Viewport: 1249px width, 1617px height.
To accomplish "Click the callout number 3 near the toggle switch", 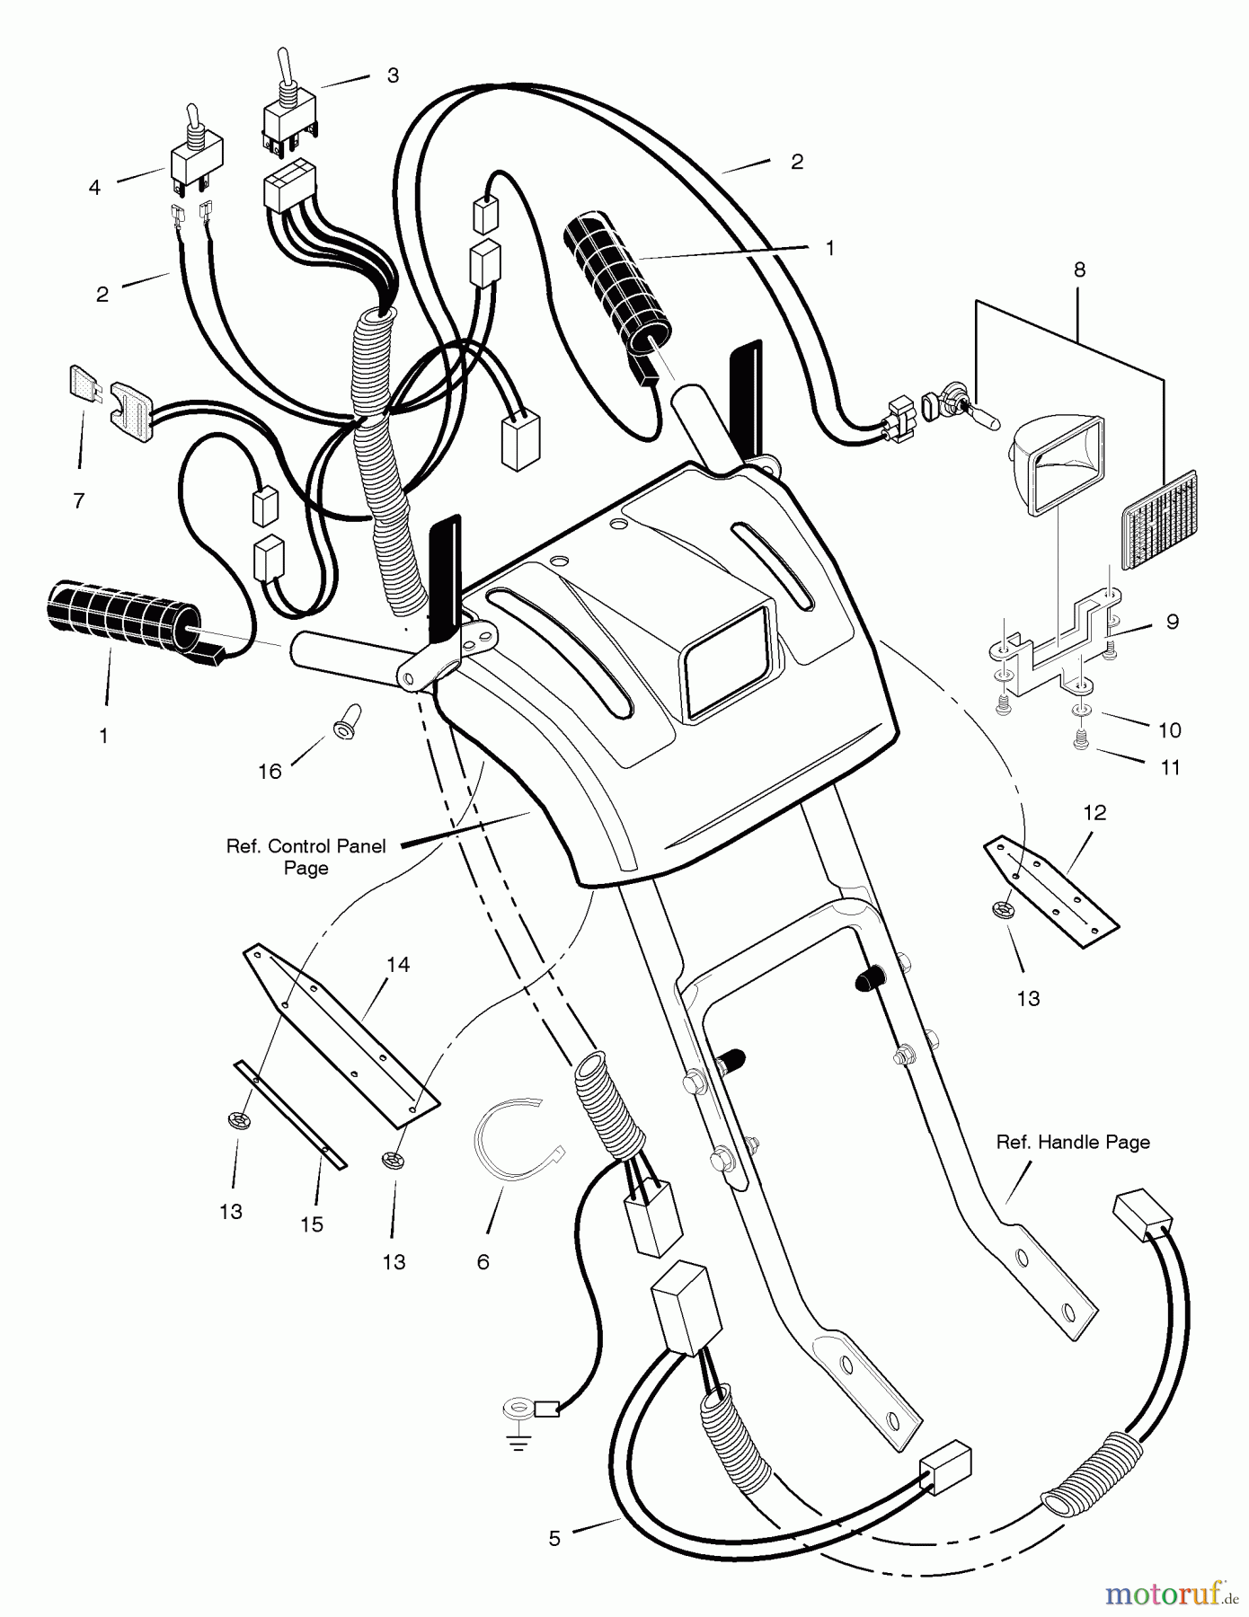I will [x=393, y=75].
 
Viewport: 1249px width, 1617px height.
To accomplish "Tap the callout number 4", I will [x=94, y=187].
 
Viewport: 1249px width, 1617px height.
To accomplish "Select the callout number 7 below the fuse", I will [x=79, y=500].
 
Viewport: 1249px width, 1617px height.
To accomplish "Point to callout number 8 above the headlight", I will [x=1079, y=269].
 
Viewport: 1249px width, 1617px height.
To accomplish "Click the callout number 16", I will [x=270, y=771].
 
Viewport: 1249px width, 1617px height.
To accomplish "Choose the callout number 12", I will [x=1094, y=812].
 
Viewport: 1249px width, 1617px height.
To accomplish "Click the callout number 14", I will [x=398, y=964].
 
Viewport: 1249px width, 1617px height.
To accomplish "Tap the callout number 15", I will [x=312, y=1224].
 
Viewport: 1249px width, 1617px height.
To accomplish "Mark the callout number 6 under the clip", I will [x=483, y=1262].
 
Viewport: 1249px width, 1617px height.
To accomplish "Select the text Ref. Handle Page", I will [x=1073, y=1142].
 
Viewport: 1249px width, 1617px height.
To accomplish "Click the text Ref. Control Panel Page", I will [x=306, y=856].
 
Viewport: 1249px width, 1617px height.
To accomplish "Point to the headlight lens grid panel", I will [x=1159, y=518].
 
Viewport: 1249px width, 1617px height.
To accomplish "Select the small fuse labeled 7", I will [x=83, y=382].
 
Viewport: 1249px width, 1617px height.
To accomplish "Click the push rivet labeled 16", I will [x=345, y=720].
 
